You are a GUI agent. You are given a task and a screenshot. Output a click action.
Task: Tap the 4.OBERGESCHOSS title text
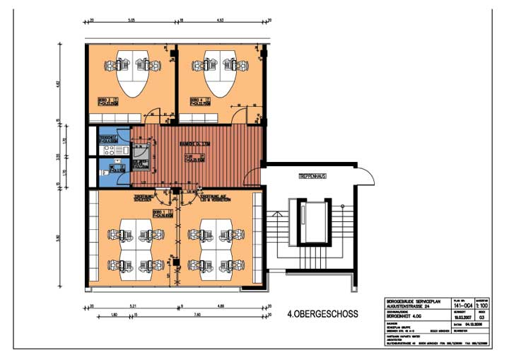point(322,313)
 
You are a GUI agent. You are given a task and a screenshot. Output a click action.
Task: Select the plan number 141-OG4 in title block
point(463,304)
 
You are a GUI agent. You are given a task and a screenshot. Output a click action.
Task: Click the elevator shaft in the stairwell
point(312,221)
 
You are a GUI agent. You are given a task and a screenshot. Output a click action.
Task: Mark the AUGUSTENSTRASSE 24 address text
point(408,304)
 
